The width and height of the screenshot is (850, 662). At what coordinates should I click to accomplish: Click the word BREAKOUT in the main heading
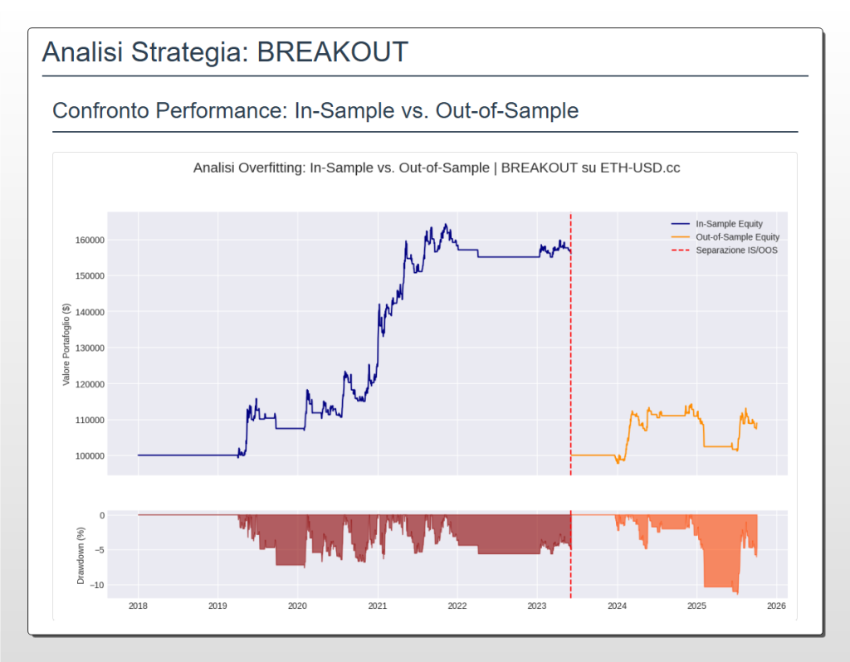pos(332,51)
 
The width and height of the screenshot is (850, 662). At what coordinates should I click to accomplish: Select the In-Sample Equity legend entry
pos(729,224)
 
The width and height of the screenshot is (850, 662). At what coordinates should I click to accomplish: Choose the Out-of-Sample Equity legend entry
pos(737,237)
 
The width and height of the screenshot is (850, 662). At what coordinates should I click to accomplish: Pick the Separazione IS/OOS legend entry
pos(736,251)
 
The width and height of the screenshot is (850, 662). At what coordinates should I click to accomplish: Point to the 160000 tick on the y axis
pos(88,241)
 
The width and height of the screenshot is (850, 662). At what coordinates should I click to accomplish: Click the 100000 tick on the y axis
pos(88,456)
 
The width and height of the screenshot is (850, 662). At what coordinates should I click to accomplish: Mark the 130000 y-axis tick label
pos(88,348)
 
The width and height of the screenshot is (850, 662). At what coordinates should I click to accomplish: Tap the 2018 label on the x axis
pos(138,606)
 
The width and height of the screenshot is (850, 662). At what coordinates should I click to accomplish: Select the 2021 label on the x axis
pos(378,606)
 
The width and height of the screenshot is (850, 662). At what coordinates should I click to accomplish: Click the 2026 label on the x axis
pos(776,606)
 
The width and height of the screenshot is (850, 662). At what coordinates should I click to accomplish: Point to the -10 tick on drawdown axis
pos(98,586)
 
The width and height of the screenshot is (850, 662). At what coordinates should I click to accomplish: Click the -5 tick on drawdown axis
pos(100,550)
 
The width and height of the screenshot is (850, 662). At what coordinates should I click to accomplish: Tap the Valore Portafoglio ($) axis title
pos(66,343)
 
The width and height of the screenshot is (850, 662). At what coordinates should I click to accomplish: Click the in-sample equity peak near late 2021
pos(446,225)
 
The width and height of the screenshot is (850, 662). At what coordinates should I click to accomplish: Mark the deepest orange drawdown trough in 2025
pos(736,593)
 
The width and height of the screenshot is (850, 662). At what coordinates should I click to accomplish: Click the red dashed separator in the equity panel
pos(571,348)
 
